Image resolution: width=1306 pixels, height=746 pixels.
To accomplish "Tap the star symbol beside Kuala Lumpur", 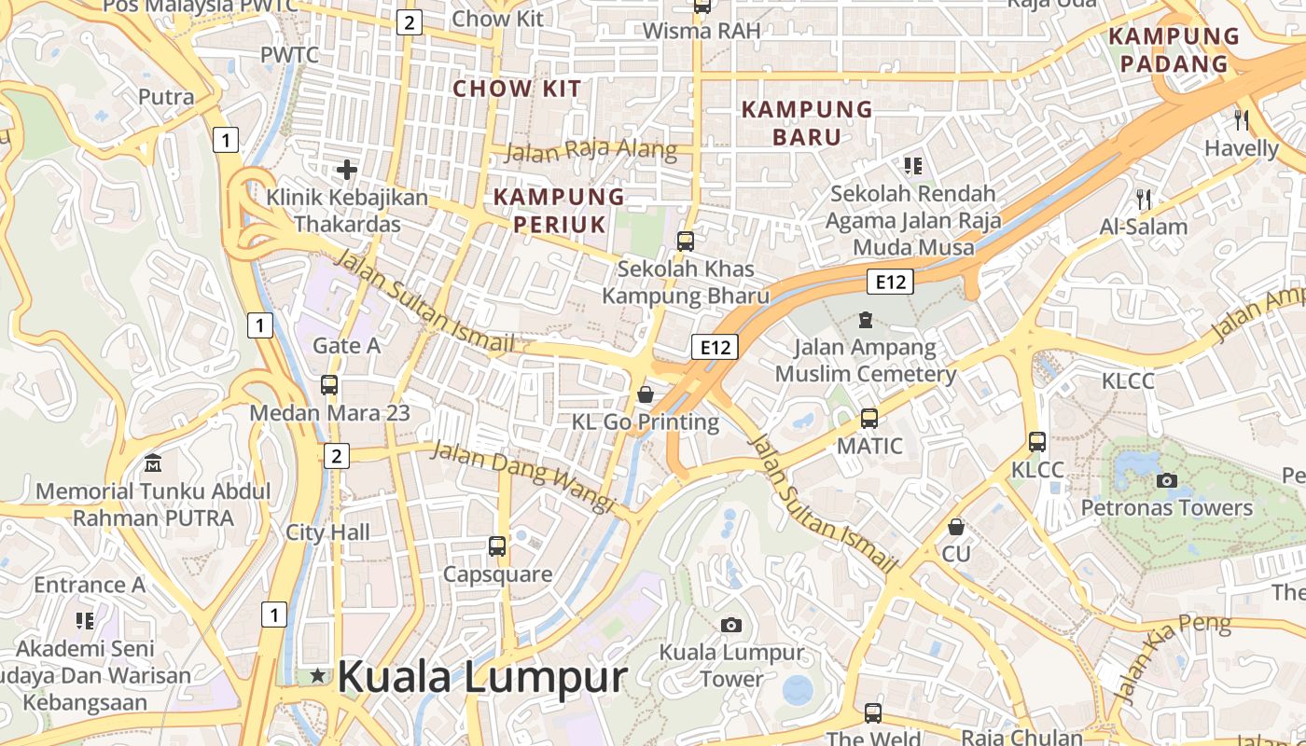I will coord(318,675).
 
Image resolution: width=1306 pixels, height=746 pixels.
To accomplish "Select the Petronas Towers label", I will coord(1166,508).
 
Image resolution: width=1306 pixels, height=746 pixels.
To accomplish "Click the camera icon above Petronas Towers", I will coord(1166,481).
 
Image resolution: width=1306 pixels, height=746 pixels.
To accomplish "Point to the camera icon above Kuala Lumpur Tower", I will coord(731,625).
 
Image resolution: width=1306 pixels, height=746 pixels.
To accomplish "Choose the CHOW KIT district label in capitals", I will coord(517,90).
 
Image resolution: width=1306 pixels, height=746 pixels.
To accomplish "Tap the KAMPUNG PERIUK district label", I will coord(559,210).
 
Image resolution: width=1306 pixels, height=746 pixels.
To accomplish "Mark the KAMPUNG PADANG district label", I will coord(1174,50).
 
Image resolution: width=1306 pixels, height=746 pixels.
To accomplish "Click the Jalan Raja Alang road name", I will coord(591,149).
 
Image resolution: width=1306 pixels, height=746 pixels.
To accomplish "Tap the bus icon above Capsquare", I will coord(497,546).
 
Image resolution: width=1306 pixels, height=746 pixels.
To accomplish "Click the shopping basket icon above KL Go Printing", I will coord(645,394).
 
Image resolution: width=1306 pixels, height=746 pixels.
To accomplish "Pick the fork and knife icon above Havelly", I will coord(1241,119).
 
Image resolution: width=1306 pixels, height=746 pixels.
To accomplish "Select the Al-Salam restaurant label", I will coord(1144,227).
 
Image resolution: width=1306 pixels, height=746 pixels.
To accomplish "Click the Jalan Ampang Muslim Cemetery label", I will coord(866,361).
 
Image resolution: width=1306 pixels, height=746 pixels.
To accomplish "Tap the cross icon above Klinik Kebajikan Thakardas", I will coord(347,170).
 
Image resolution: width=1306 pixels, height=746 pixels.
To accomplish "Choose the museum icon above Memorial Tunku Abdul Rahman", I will coord(153,463).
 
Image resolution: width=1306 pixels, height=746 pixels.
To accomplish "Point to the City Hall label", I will coord(327,532).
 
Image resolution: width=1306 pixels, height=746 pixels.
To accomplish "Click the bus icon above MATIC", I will coord(869,419).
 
